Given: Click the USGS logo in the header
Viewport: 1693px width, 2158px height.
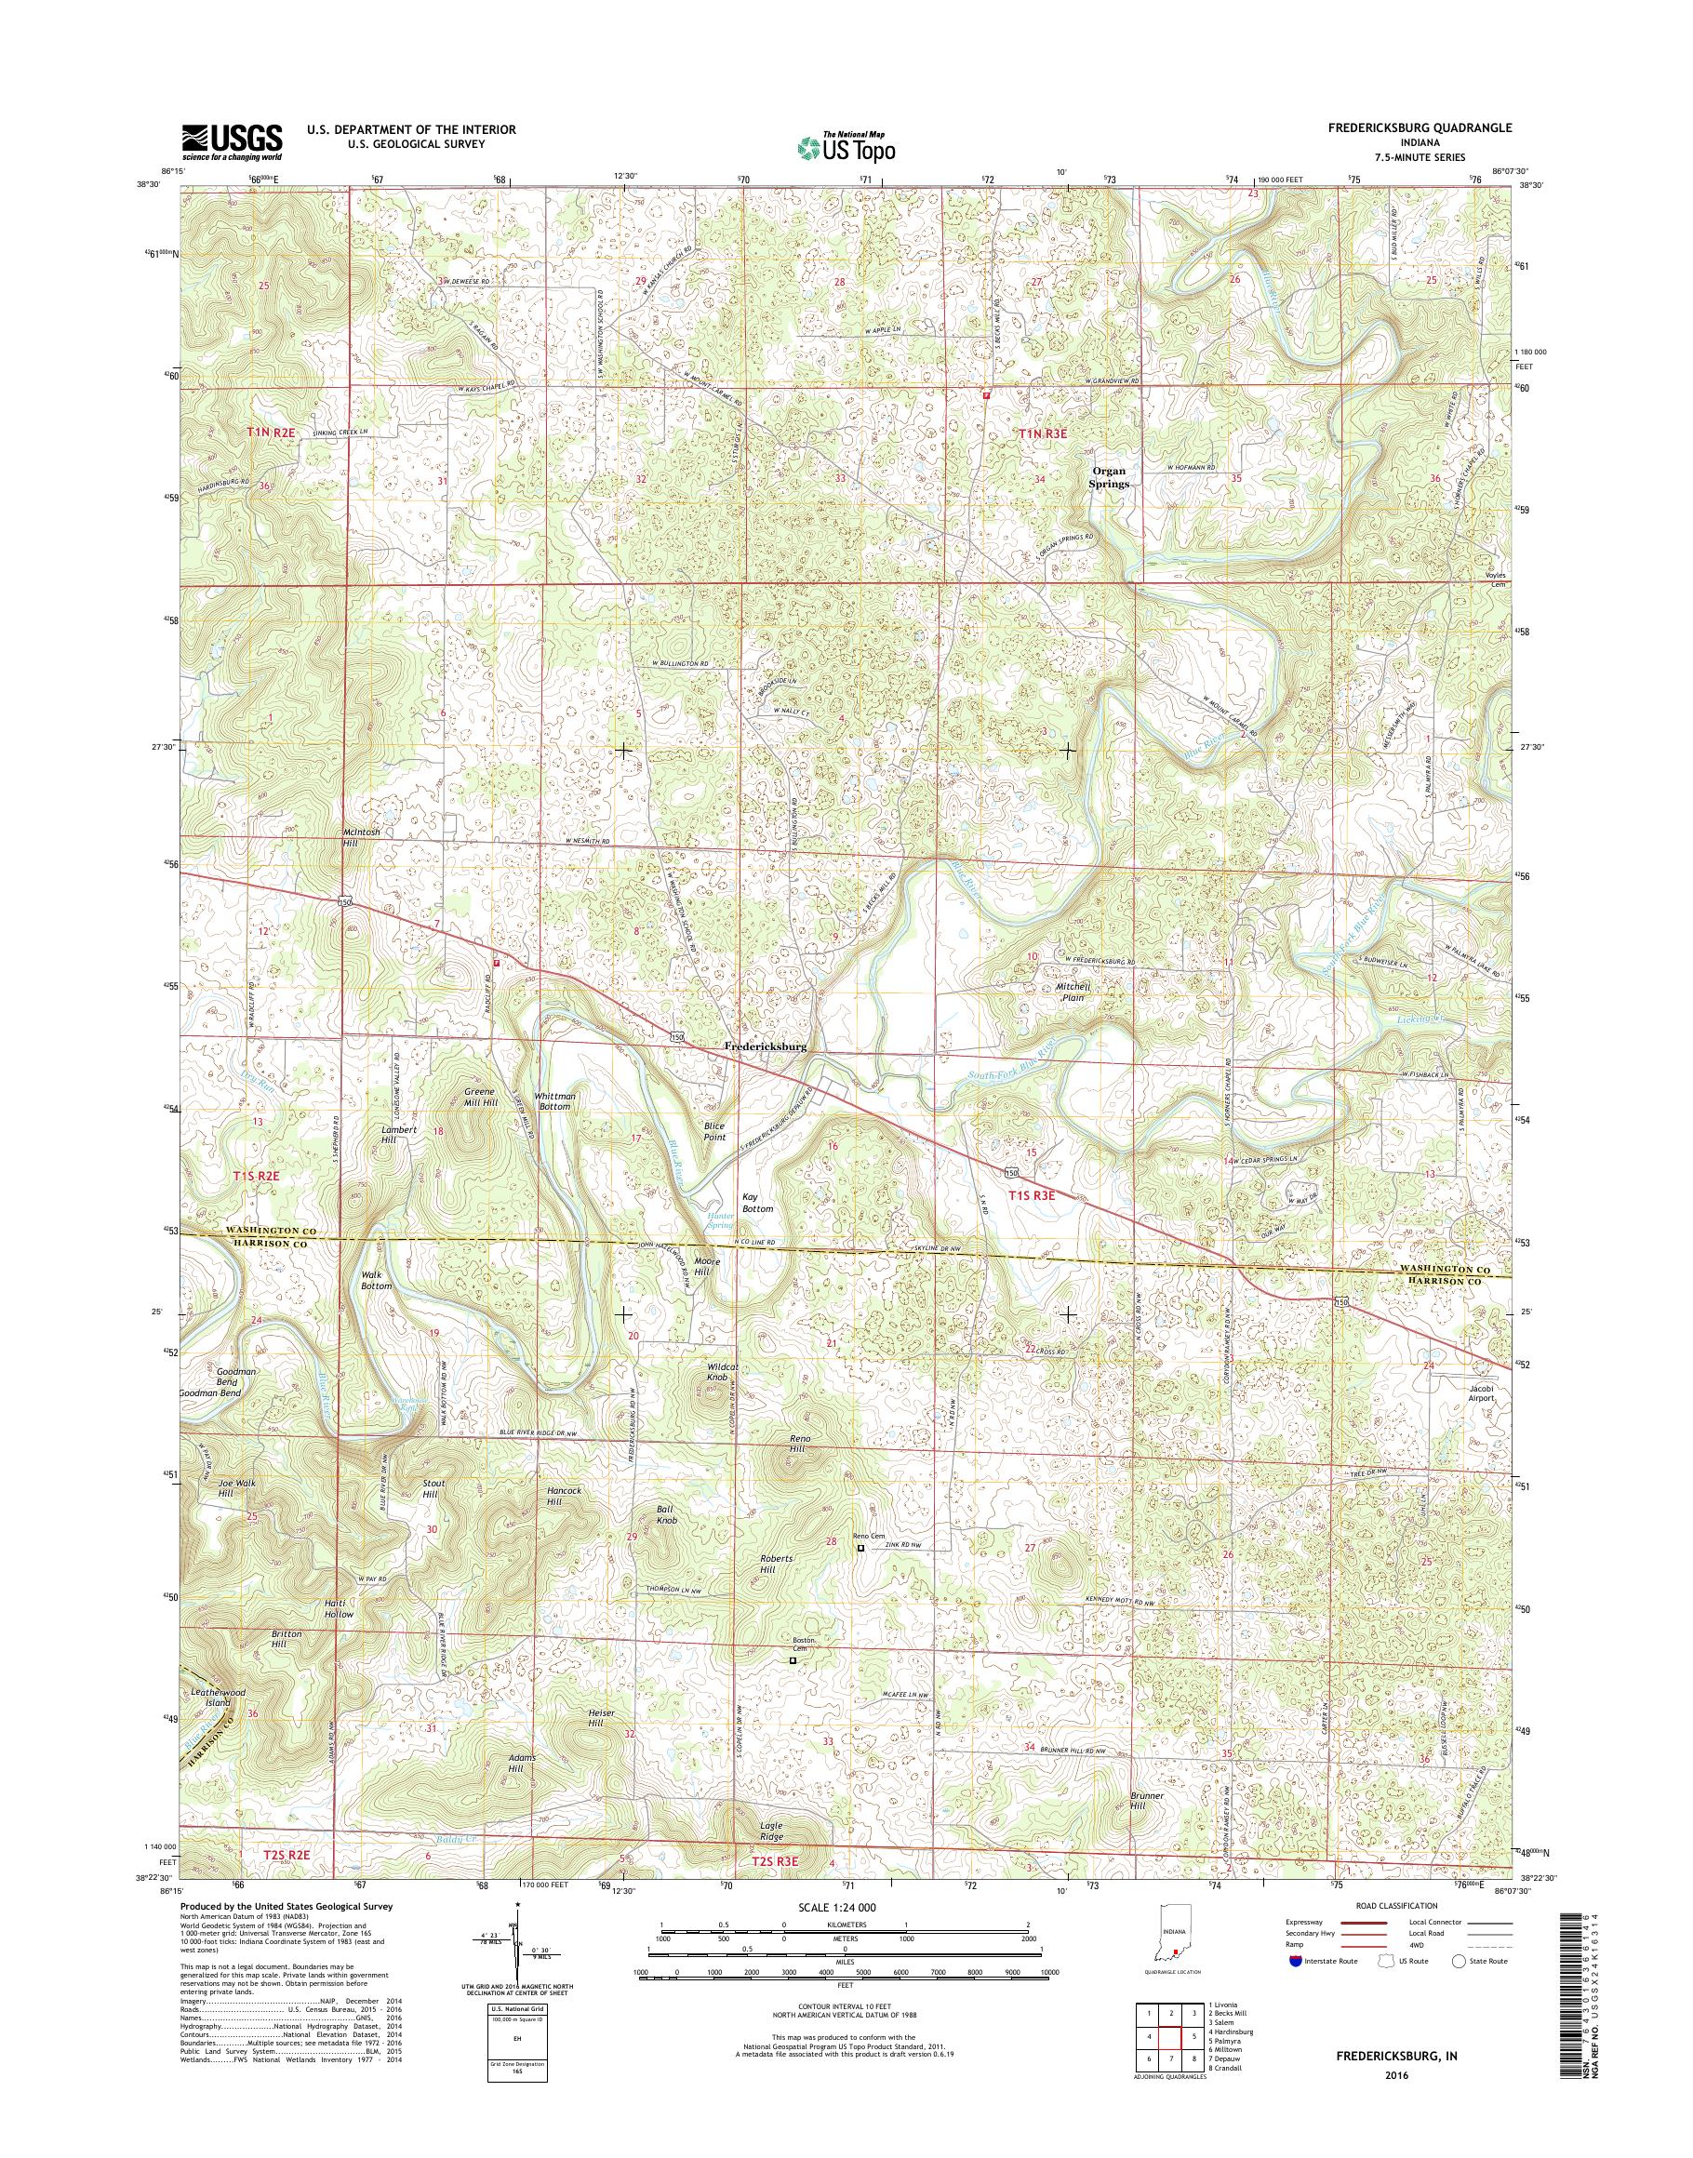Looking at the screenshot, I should pyautogui.click(x=231, y=141).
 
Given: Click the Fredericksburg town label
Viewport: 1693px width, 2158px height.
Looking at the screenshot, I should pyautogui.click(x=766, y=1046).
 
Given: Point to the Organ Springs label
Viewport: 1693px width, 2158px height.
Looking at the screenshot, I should pyautogui.click(x=1109, y=478).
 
